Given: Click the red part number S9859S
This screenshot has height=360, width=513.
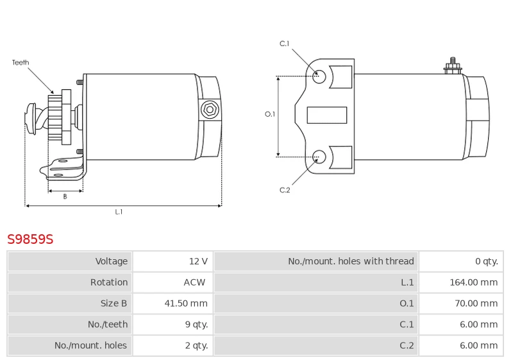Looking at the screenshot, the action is click(x=30, y=239).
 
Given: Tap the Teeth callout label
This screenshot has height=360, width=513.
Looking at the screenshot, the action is click(x=21, y=62).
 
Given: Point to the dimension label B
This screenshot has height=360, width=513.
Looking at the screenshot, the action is click(x=65, y=196).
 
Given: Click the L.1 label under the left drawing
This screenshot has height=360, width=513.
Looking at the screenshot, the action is click(x=119, y=212).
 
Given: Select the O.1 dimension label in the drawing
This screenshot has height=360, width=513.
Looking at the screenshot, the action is click(x=270, y=114).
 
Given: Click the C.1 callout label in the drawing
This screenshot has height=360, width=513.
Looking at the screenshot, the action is click(x=284, y=44).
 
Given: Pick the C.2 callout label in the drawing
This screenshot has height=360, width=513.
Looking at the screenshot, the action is click(x=285, y=190).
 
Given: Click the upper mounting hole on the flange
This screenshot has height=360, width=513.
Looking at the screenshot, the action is click(x=319, y=76).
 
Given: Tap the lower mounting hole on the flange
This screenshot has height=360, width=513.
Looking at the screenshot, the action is click(x=319, y=157).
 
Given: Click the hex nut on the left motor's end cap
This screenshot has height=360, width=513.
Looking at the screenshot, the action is click(x=210, y=110).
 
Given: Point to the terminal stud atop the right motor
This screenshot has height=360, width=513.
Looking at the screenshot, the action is click(x=453, y=66).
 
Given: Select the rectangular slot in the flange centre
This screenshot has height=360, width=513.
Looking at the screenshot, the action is click(x=327, y=116).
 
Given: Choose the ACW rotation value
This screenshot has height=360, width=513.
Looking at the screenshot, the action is click(x=194, y=282).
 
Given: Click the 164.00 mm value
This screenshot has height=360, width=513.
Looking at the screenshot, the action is click(x=473, y=282).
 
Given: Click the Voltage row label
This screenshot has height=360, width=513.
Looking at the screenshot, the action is click(x=111, y=261).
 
